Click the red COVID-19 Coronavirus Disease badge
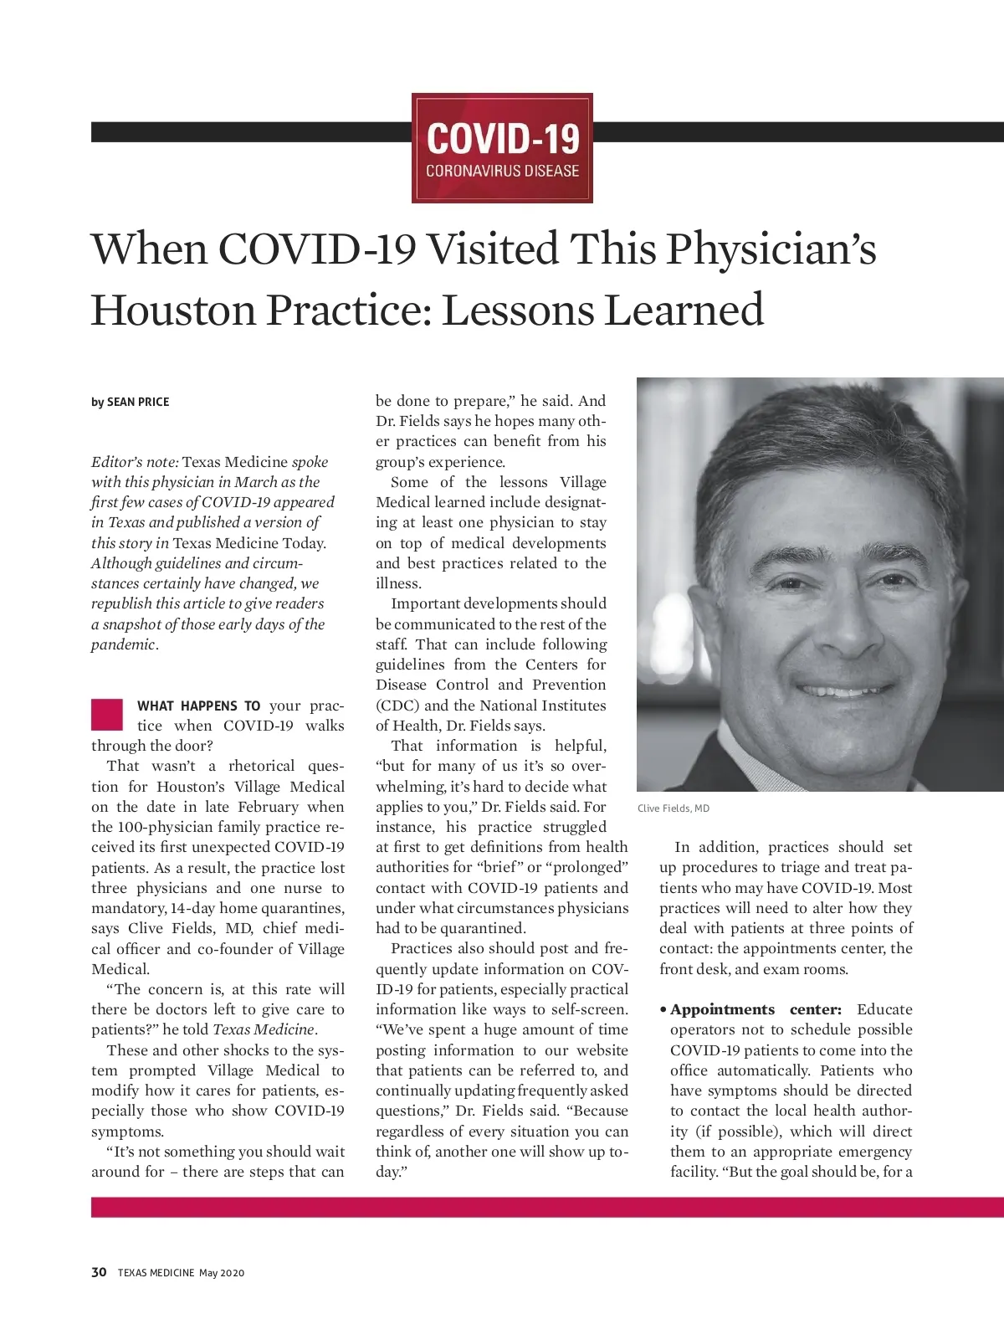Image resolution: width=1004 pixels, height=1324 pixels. (x=502, y=148)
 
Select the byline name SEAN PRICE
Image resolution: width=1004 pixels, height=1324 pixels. (x=138, y=402)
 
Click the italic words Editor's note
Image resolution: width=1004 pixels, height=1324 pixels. (x=135, y=462)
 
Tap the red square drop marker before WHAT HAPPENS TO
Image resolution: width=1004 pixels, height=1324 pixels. (x=107, y=714)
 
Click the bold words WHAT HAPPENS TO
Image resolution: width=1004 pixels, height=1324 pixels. (x=198, y=706)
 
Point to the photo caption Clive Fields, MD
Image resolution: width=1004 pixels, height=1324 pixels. (x=674, y=808)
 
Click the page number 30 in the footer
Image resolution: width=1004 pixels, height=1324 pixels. (x=99, y=1272)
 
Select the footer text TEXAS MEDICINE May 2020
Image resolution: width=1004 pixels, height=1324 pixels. (x=181, y=1273)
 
